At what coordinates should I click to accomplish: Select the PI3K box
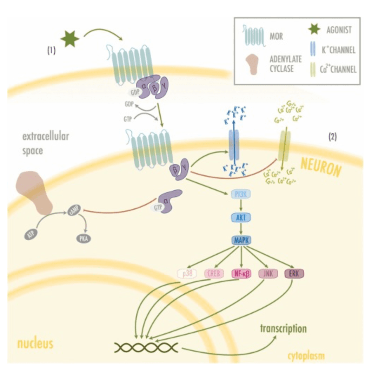pos(241,194)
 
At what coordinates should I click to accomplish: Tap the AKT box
pos(241,217)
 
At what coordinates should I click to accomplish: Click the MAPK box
pos(241,241)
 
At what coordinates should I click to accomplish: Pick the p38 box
pos(186,273)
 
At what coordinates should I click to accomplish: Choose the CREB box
pos(214,273)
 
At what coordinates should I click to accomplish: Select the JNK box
pos(268,273)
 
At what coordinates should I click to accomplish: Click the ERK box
pos(294,273)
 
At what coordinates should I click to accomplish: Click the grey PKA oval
pos(84,239)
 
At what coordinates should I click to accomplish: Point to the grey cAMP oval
pos(75,213)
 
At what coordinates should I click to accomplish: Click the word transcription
pos(283,329)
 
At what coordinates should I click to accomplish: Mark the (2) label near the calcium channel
pos(332,137)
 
